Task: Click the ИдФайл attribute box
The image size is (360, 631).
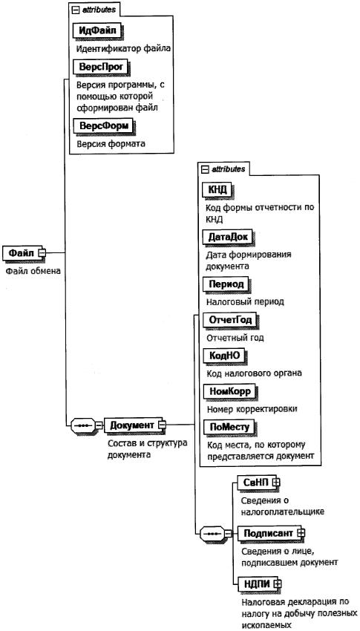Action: pos(97,31)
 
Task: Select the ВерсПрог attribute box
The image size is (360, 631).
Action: pos(100,67)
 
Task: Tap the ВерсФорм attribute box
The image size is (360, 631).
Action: pos(102,125)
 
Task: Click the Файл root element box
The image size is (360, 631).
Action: pos(22,252)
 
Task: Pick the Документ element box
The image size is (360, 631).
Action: pos(132,425)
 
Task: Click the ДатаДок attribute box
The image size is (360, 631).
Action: pos(228,237)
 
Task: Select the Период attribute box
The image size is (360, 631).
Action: pos(226,284)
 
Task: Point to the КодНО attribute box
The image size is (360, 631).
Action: pos(224,356)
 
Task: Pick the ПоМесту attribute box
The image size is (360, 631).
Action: pos(229,427)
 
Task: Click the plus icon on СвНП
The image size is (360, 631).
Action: pos(275,481)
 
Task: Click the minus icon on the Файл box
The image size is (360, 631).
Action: pos(42,252)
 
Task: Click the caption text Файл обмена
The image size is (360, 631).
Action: pos(33,271)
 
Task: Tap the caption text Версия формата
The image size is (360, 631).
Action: pos(111,143)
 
